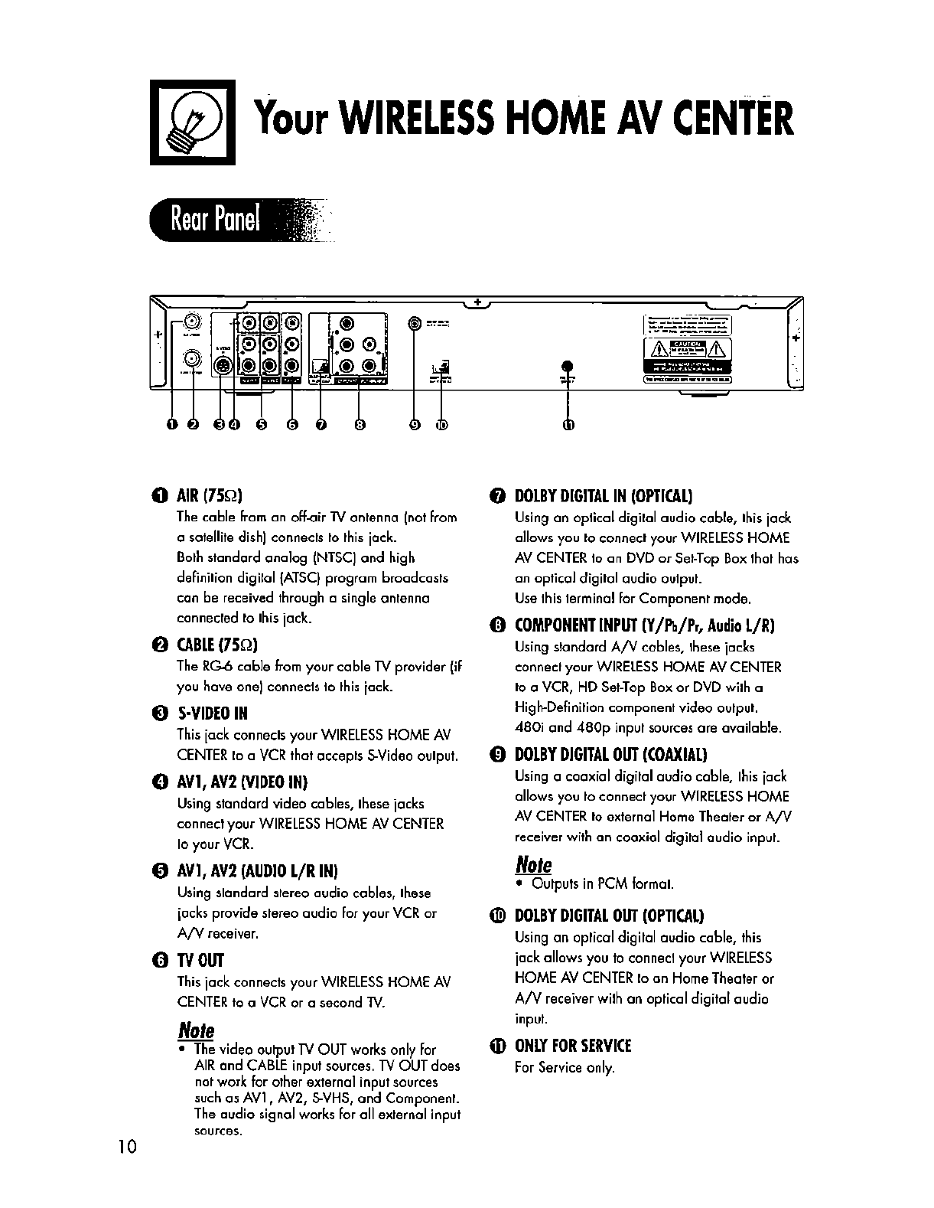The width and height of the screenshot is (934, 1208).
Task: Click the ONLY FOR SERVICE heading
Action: tap(574, 1046)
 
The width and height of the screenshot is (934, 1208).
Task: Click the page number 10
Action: tap(127, 1168)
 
